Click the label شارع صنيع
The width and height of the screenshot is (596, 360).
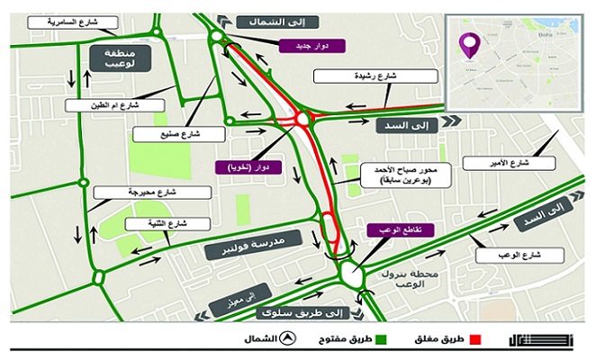165,134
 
